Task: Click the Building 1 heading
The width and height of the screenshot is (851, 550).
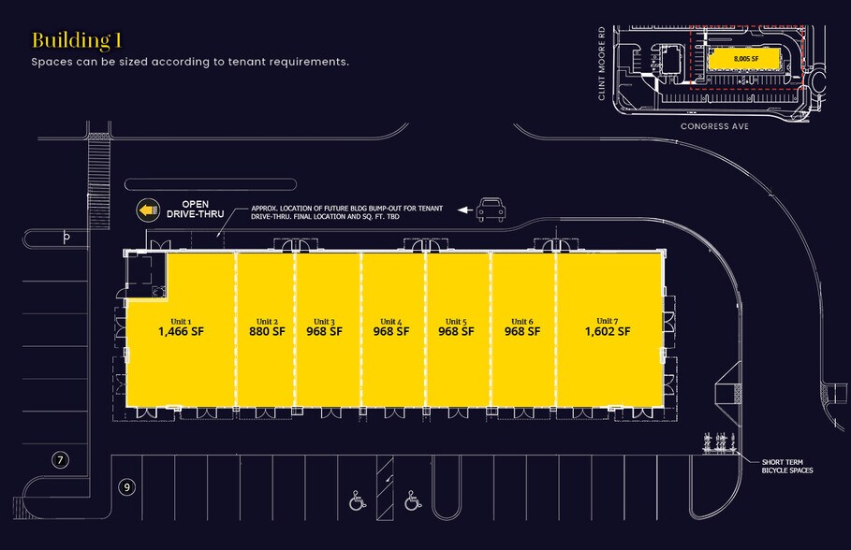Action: pos(78,39)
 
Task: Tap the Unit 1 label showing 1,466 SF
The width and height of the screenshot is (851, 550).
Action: pos(181,326)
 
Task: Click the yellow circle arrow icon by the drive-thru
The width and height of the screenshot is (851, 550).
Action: pos(147,210)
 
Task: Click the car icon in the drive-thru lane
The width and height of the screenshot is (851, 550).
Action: pos(491,210)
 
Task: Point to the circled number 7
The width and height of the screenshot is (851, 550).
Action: pos(61,459)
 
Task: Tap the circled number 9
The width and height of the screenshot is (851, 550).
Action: pos(127,487)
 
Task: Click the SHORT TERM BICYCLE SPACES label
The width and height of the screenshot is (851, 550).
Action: pos(786,466)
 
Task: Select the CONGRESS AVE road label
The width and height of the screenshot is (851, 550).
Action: pos(717,124)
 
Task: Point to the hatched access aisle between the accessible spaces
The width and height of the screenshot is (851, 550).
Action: pos(383,490)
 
